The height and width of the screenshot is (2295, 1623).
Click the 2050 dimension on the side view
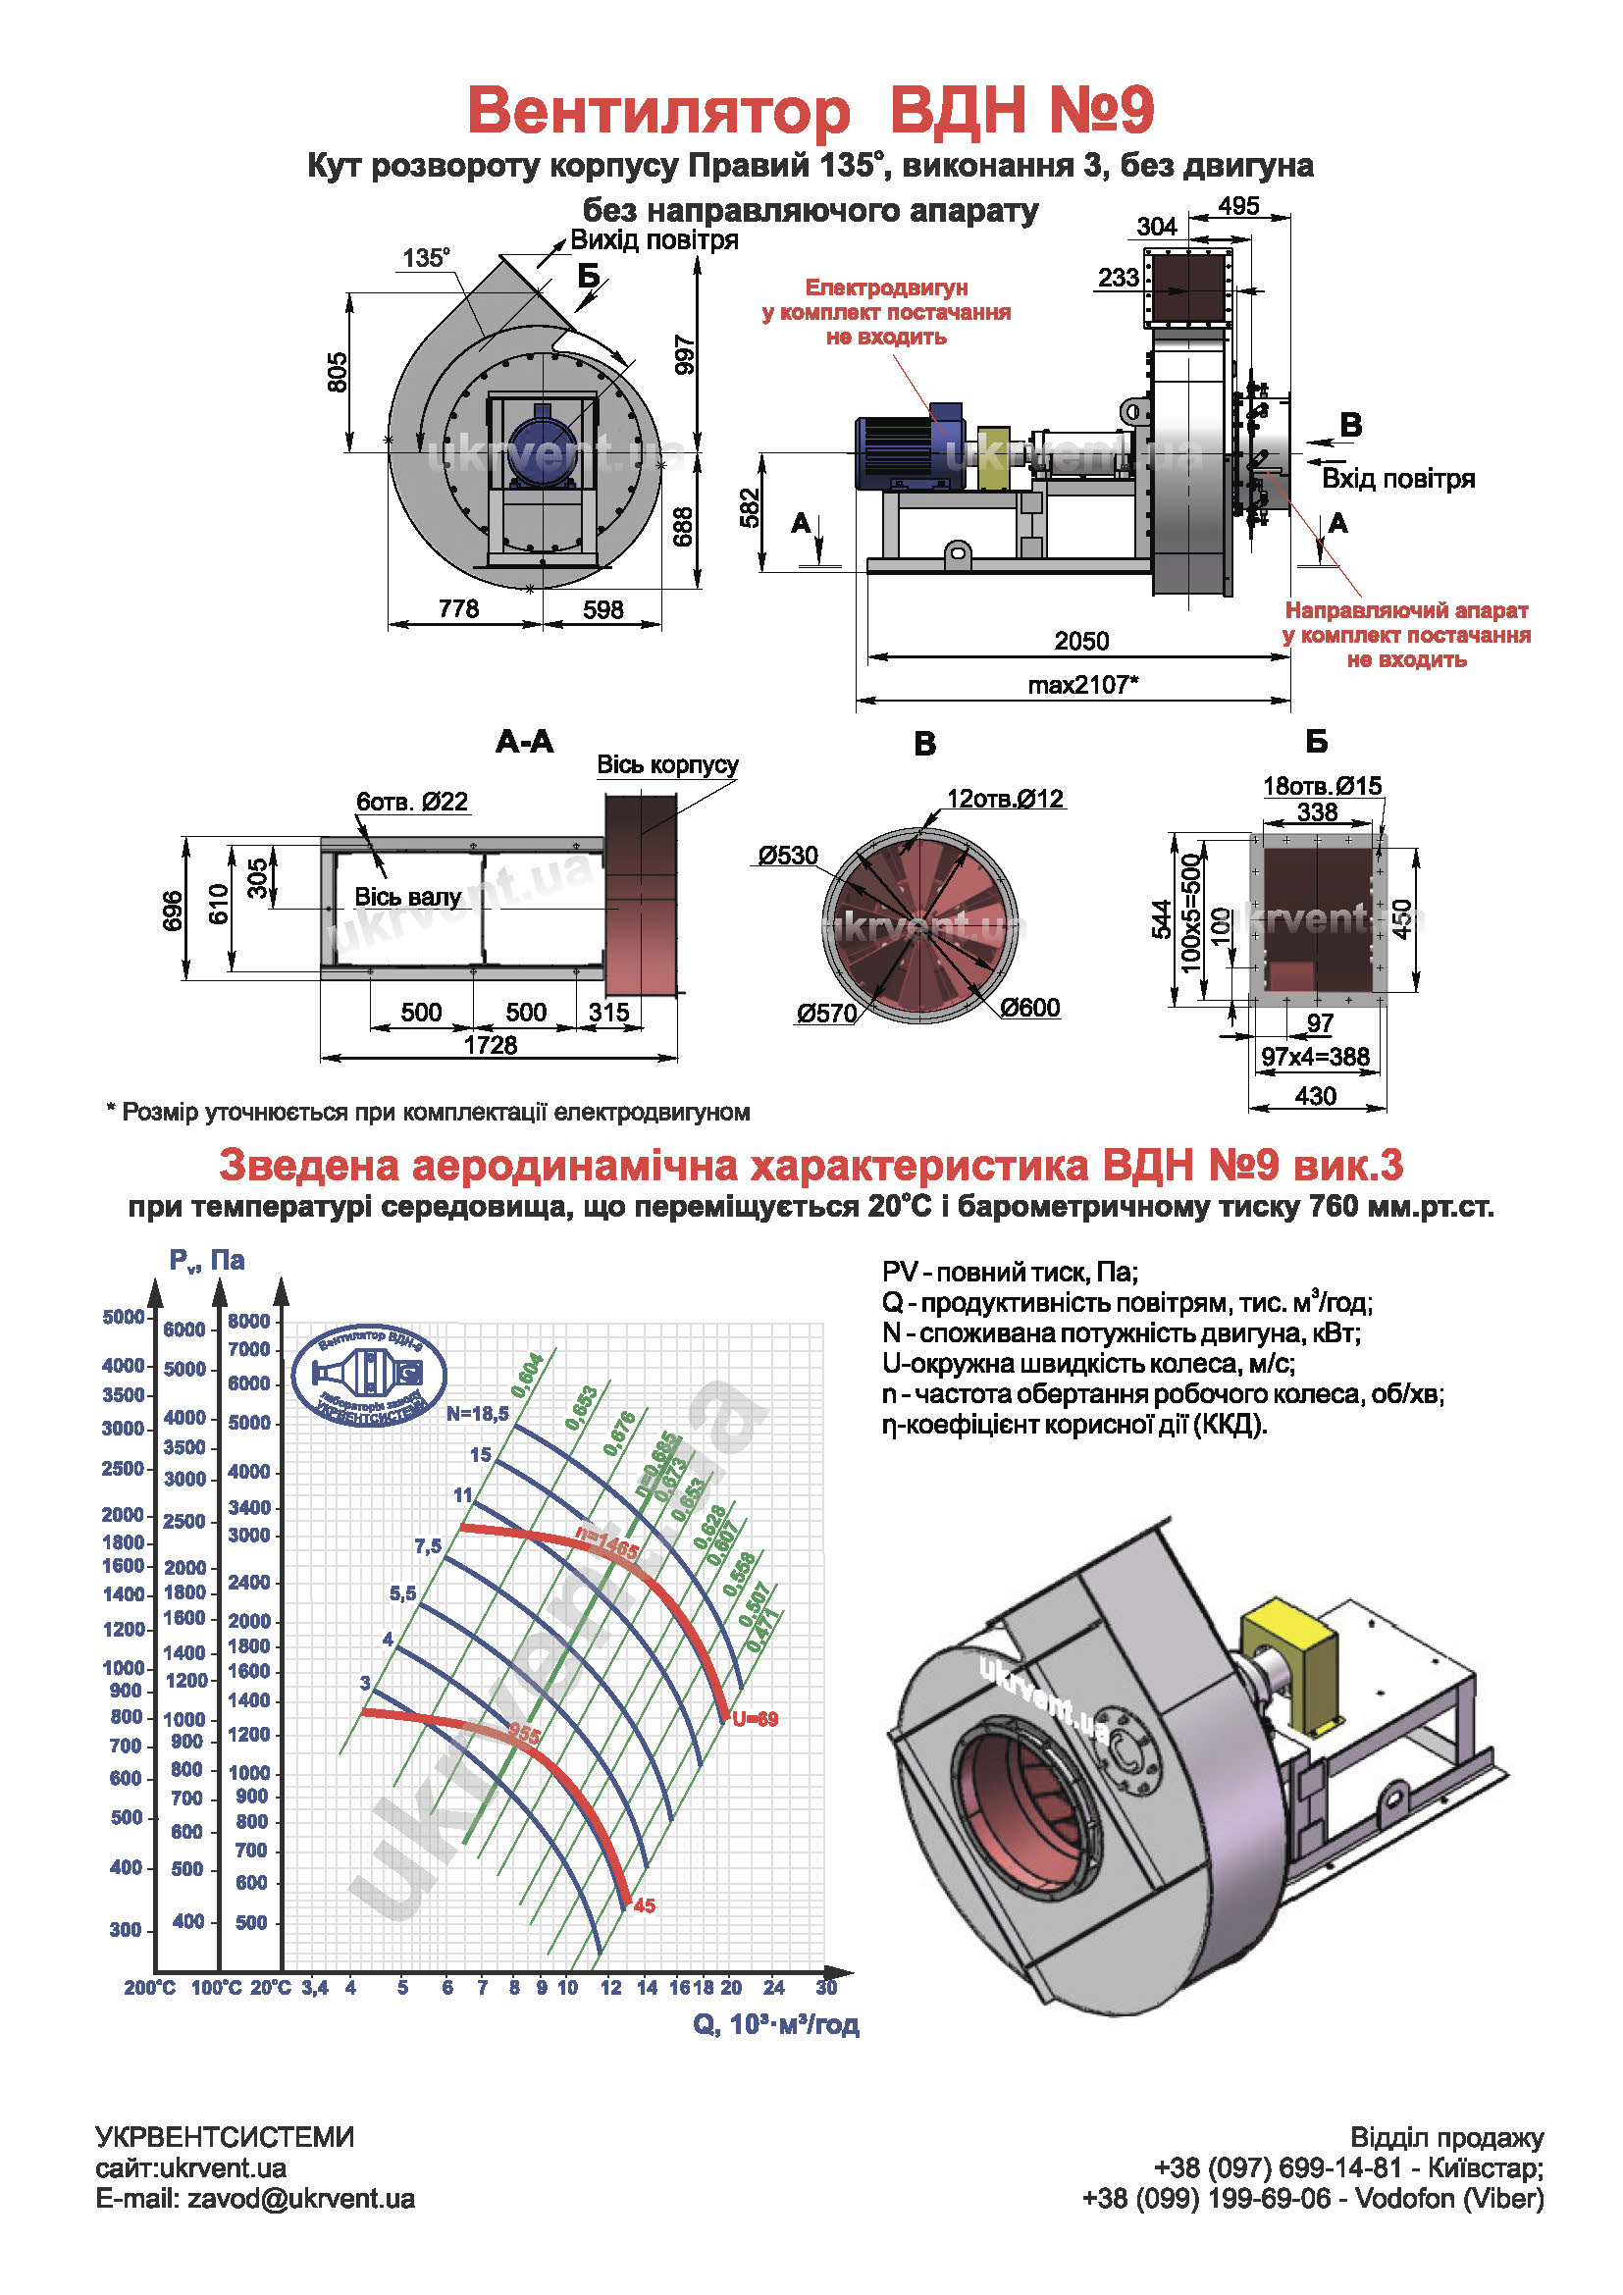pyautogui.click(x=1081, y=641)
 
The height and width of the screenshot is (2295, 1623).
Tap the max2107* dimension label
pyautogui.click(x=1083, y=685)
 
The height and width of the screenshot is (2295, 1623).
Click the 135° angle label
pyautogui.click(x=426, y=258)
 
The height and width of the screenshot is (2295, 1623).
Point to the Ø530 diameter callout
pyautogui.click(x=788, y=856)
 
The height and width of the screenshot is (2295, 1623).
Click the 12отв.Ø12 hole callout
pyautogui.click(x=1006, y=799)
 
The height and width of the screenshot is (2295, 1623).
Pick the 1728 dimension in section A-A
pyautogui.click(x=491, y=1045)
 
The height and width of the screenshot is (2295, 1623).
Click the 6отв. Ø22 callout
pyautogui.click(x=412, y=802)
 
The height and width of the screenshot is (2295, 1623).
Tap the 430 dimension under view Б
pyautogui.click(x=1315, y=1097)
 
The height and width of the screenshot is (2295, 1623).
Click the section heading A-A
pyautogui.click(x=524, y=742)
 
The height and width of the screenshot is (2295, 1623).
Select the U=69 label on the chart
pyautogui.click(x=755, y=1719)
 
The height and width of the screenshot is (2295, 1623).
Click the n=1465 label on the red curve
pyautogui.click(x=606, y=1544)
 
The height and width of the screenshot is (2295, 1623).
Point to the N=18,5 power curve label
pyautogui.click(x=478, y=1413)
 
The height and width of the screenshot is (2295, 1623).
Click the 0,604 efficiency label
pyautogui.click(x=527, y=1376)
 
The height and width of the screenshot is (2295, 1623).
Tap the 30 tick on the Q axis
pyautogui.click(x=825, y=1987)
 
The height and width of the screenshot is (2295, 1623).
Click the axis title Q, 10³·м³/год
pyautogui.click(x=775, y=2024)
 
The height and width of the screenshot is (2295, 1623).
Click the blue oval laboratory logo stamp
pyautogui.click(x=369, y=1375)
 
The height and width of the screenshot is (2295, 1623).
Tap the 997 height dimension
pyautogui.click(x=685, y=355)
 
